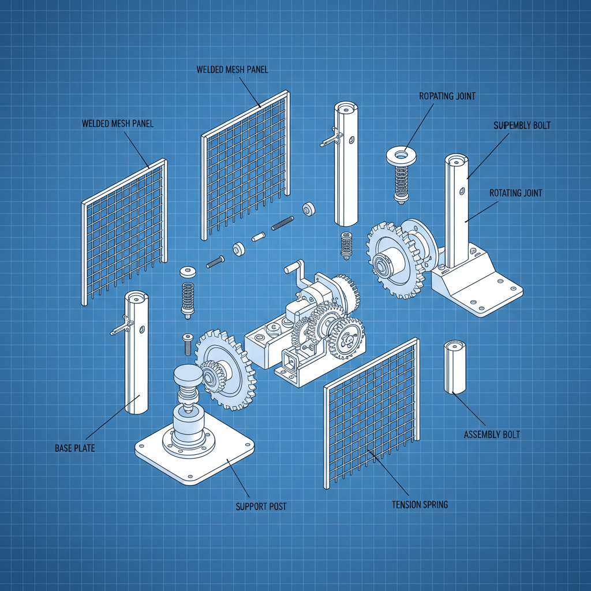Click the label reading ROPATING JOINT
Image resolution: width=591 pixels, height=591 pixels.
(x=447, y=96)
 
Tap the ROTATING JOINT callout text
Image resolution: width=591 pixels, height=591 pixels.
(x=515, y=193)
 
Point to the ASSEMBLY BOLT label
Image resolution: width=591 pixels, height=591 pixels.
(x=492, y=434)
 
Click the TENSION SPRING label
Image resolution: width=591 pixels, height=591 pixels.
(x=420, y=504)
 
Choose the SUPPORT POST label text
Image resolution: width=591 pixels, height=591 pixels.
(x=261, y=506)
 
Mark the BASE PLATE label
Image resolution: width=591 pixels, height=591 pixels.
(x=75, y=448)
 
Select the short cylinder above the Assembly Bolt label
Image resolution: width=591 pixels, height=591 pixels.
(x=454, y=367)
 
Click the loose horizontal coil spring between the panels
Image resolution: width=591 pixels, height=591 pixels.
(x=282, y=222)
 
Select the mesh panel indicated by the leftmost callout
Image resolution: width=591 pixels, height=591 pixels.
(x=124, y=231)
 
